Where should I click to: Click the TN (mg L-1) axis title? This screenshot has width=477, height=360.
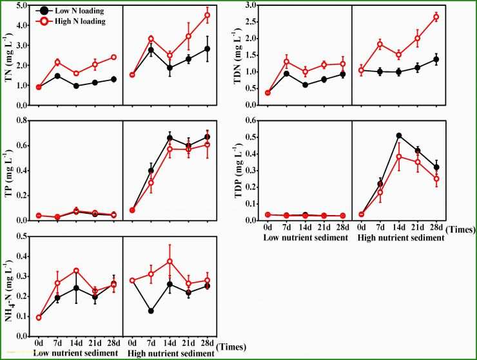pyautogui.click(x=8, y=55)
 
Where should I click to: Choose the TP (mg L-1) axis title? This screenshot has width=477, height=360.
pyautogui.click(x=8, y=171)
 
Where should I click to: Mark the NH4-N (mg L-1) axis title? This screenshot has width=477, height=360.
pyautogui.click(x=8, y=286)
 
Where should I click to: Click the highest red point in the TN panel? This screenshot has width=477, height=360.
pyautogui.click(x=207, y=15)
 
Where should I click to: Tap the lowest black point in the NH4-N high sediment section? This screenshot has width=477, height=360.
pyautogui.click(x=151, y=311)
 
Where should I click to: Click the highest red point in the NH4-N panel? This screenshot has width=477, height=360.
pyautogui.click(x=170, y=261)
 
